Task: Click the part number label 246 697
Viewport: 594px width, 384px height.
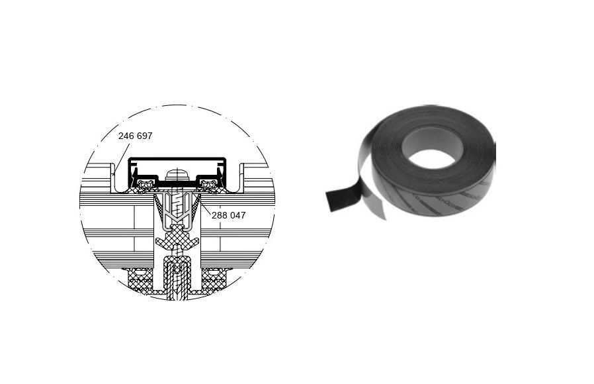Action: click(x=135, y=136)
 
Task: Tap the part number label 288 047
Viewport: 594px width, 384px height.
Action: click(x=228, y=215)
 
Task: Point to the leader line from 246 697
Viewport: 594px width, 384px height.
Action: click(x=121, y=156)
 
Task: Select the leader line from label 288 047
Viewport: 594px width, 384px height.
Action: click(x=205, y=209)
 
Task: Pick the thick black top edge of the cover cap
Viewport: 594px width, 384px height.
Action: click(x=177, y=159)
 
